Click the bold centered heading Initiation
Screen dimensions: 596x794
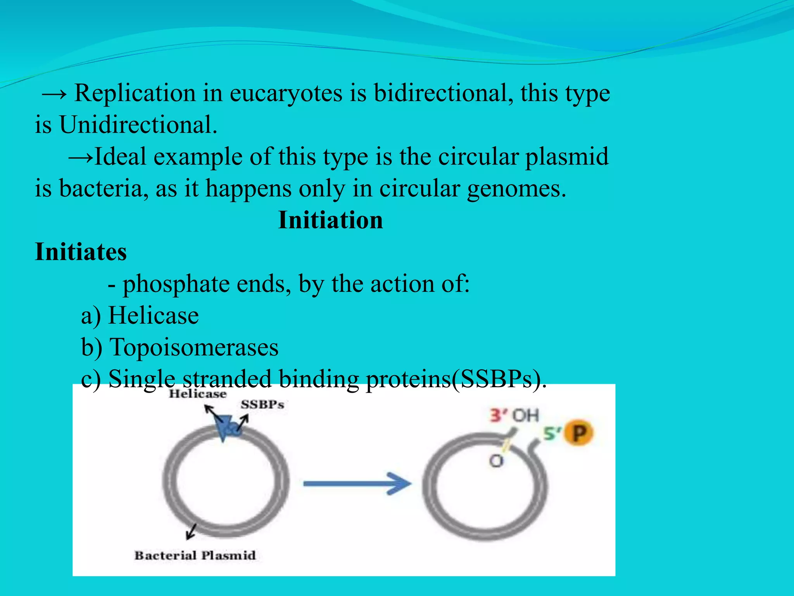331,220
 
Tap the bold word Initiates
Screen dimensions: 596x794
81,252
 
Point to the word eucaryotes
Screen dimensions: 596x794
286,94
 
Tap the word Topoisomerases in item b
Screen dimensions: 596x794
194,347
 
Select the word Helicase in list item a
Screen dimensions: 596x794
153,315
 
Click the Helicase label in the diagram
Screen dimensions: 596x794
198,394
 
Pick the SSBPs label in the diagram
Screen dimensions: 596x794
262,405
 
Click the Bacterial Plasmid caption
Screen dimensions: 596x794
195,555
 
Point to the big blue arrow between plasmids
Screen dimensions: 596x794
357,483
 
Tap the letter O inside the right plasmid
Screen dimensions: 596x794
496,461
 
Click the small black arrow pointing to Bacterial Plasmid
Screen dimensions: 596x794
191,531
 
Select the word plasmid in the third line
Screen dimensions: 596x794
567,157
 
